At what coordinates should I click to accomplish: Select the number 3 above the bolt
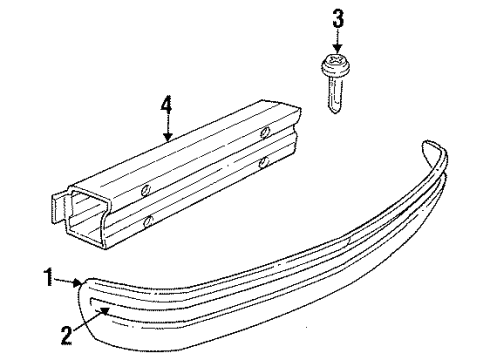(x=338, y=19)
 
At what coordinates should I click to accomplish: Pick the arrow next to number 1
(x=73, y=283)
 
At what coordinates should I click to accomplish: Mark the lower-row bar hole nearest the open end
(x=149, y=219)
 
